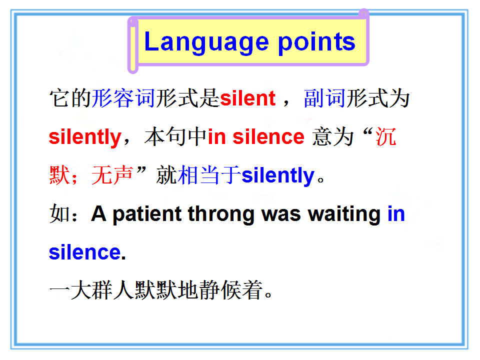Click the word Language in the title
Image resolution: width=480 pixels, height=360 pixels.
pos(206,42)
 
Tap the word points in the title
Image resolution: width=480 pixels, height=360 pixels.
pos(316,42)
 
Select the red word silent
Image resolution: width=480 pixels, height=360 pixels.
pos(247,98)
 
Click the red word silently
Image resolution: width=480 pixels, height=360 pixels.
pos(85,137)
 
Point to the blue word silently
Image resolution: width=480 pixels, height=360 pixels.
pos(278,175)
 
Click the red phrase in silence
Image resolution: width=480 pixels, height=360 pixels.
pos(256,136)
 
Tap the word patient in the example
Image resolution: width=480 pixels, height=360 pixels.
pos(147,214)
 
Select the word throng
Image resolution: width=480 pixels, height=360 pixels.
pos(221,214)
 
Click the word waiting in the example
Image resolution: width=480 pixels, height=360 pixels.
pos(344,214)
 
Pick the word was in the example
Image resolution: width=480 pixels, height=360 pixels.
pos(281,214)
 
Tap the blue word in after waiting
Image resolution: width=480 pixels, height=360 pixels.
pos(396,213)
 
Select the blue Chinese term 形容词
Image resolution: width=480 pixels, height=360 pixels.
pos(123,98)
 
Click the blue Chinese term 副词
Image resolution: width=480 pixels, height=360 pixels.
pos(325,98)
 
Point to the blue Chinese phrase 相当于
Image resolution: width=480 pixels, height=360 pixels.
pos(209,175)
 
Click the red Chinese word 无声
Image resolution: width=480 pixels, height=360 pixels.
pos(112,175)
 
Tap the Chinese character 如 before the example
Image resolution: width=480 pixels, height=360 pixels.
pos(59,213)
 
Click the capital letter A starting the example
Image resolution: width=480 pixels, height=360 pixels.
pos(98,213)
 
